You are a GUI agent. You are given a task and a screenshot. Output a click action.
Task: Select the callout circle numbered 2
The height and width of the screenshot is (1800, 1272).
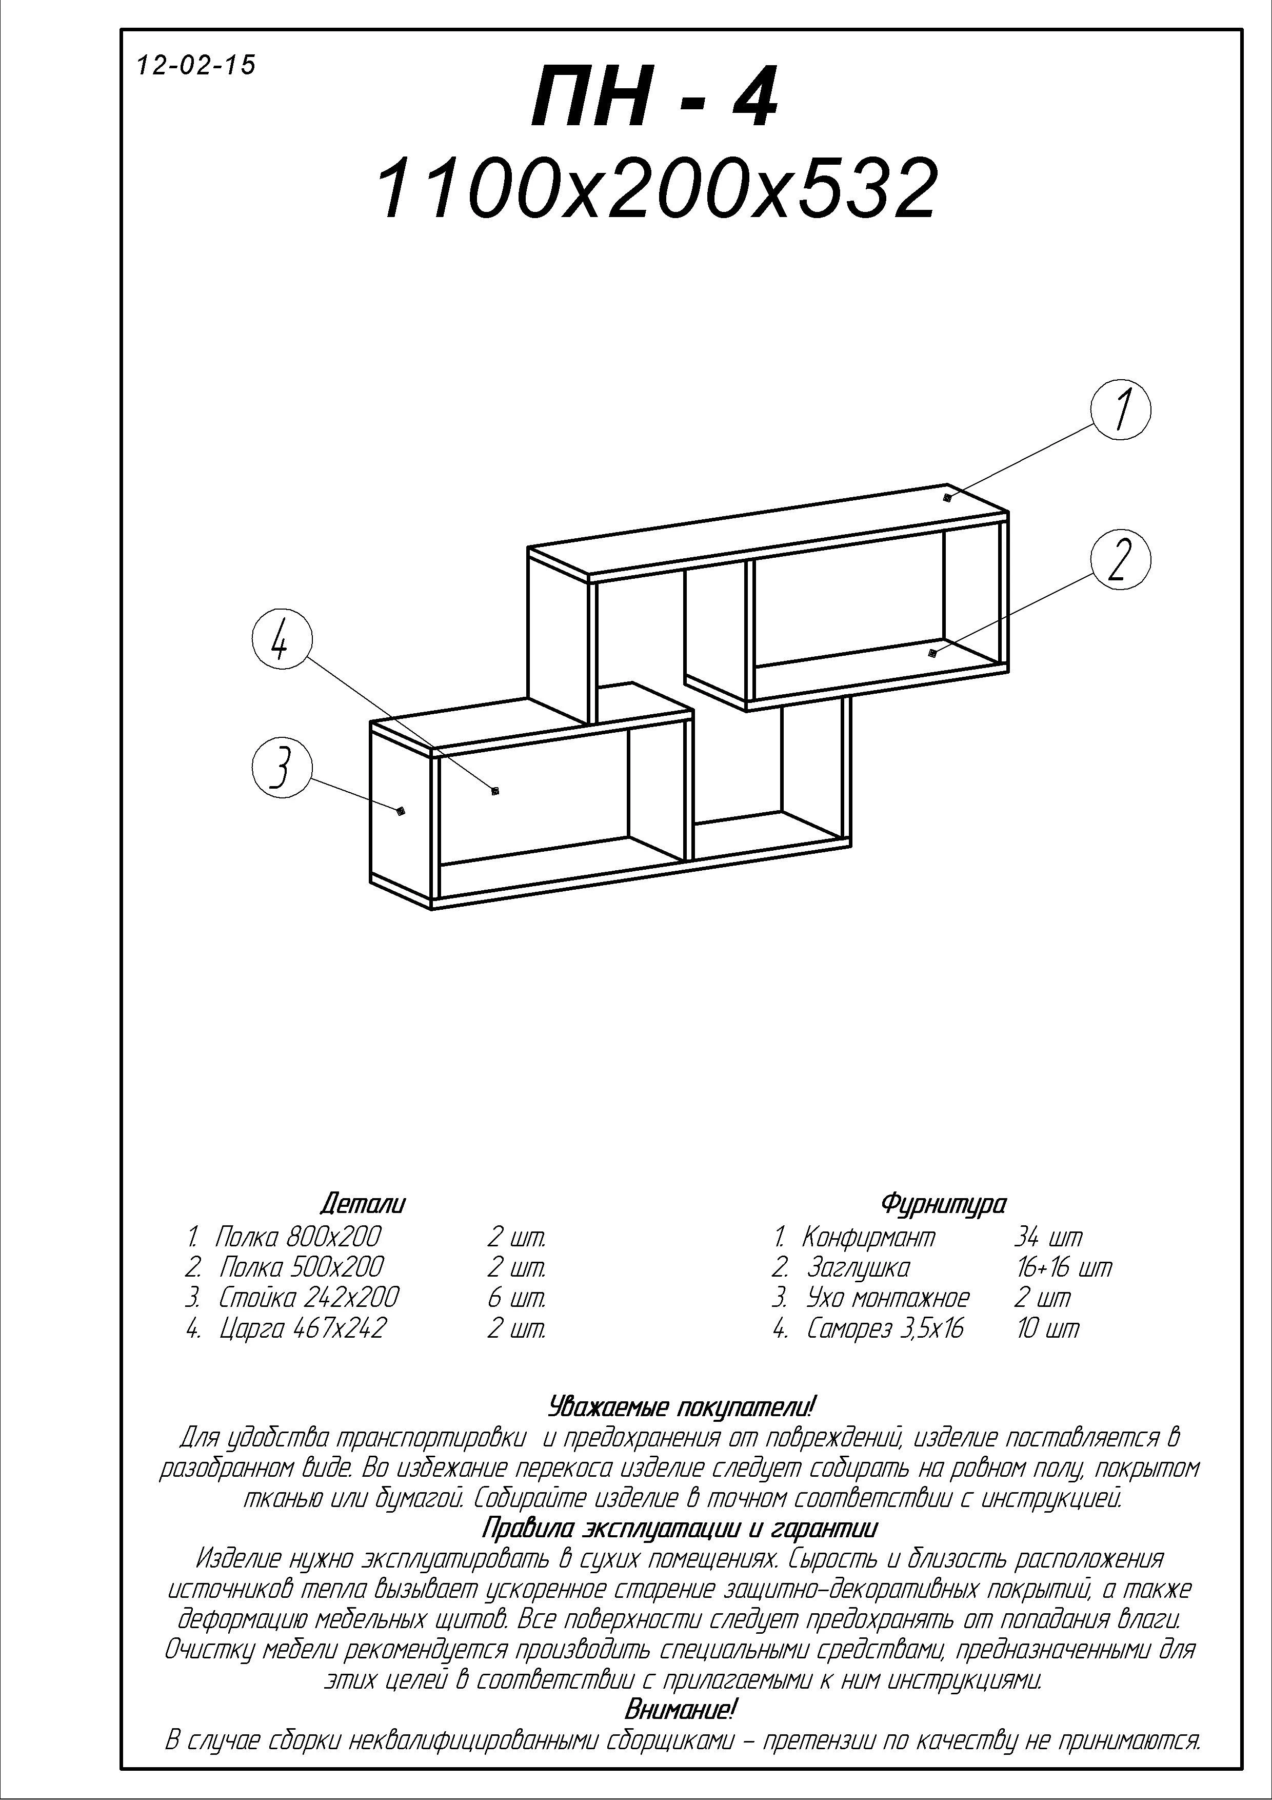pyautogui.click(x=1121, y=558)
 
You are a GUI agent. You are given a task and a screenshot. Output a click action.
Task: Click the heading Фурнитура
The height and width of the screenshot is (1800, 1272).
pyautogui.click(x=944, y=1203)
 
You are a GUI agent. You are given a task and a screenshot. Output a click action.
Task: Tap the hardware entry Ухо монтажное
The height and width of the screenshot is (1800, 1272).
pyautogui.click(x=888, y=1298)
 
